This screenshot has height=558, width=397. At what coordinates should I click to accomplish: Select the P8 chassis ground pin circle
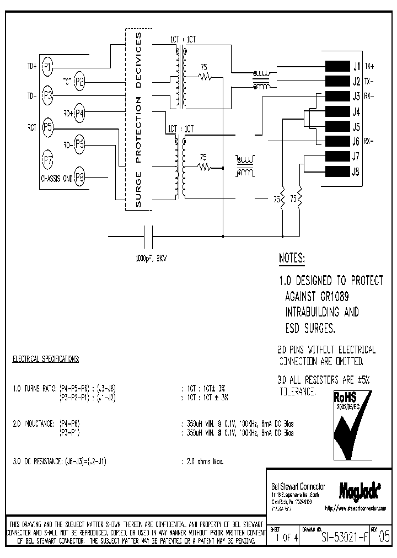coord(80,178)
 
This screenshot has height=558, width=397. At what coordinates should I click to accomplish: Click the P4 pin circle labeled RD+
coord(80,114)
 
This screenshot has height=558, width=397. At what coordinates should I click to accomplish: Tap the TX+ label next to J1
coord(370,67)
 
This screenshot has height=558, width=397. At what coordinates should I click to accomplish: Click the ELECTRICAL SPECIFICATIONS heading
coord(46,359)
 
